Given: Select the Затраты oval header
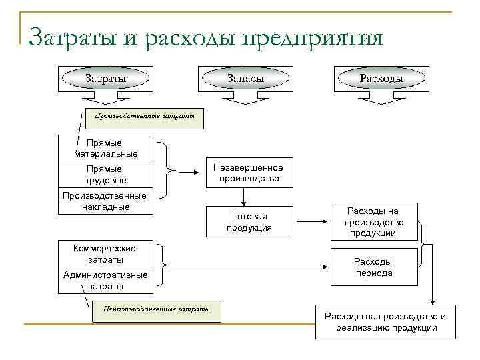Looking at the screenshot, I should (106, 79).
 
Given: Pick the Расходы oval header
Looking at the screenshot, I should (381, 79).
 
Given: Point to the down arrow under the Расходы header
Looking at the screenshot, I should (381, 98).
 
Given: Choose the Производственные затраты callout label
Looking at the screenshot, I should (144, 117).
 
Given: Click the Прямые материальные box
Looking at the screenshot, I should (106, 148).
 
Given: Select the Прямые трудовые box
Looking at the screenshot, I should (106, 175).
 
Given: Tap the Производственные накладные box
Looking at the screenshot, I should (106, 201).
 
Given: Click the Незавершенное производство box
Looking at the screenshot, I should (248, 173).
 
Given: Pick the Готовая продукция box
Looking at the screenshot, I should (249, 222).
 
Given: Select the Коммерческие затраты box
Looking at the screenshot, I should (106, 254).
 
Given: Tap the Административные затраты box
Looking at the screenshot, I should (106, 281).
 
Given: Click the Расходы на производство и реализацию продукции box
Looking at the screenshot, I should (385, 321).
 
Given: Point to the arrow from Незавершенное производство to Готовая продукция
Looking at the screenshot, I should (245, 196).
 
